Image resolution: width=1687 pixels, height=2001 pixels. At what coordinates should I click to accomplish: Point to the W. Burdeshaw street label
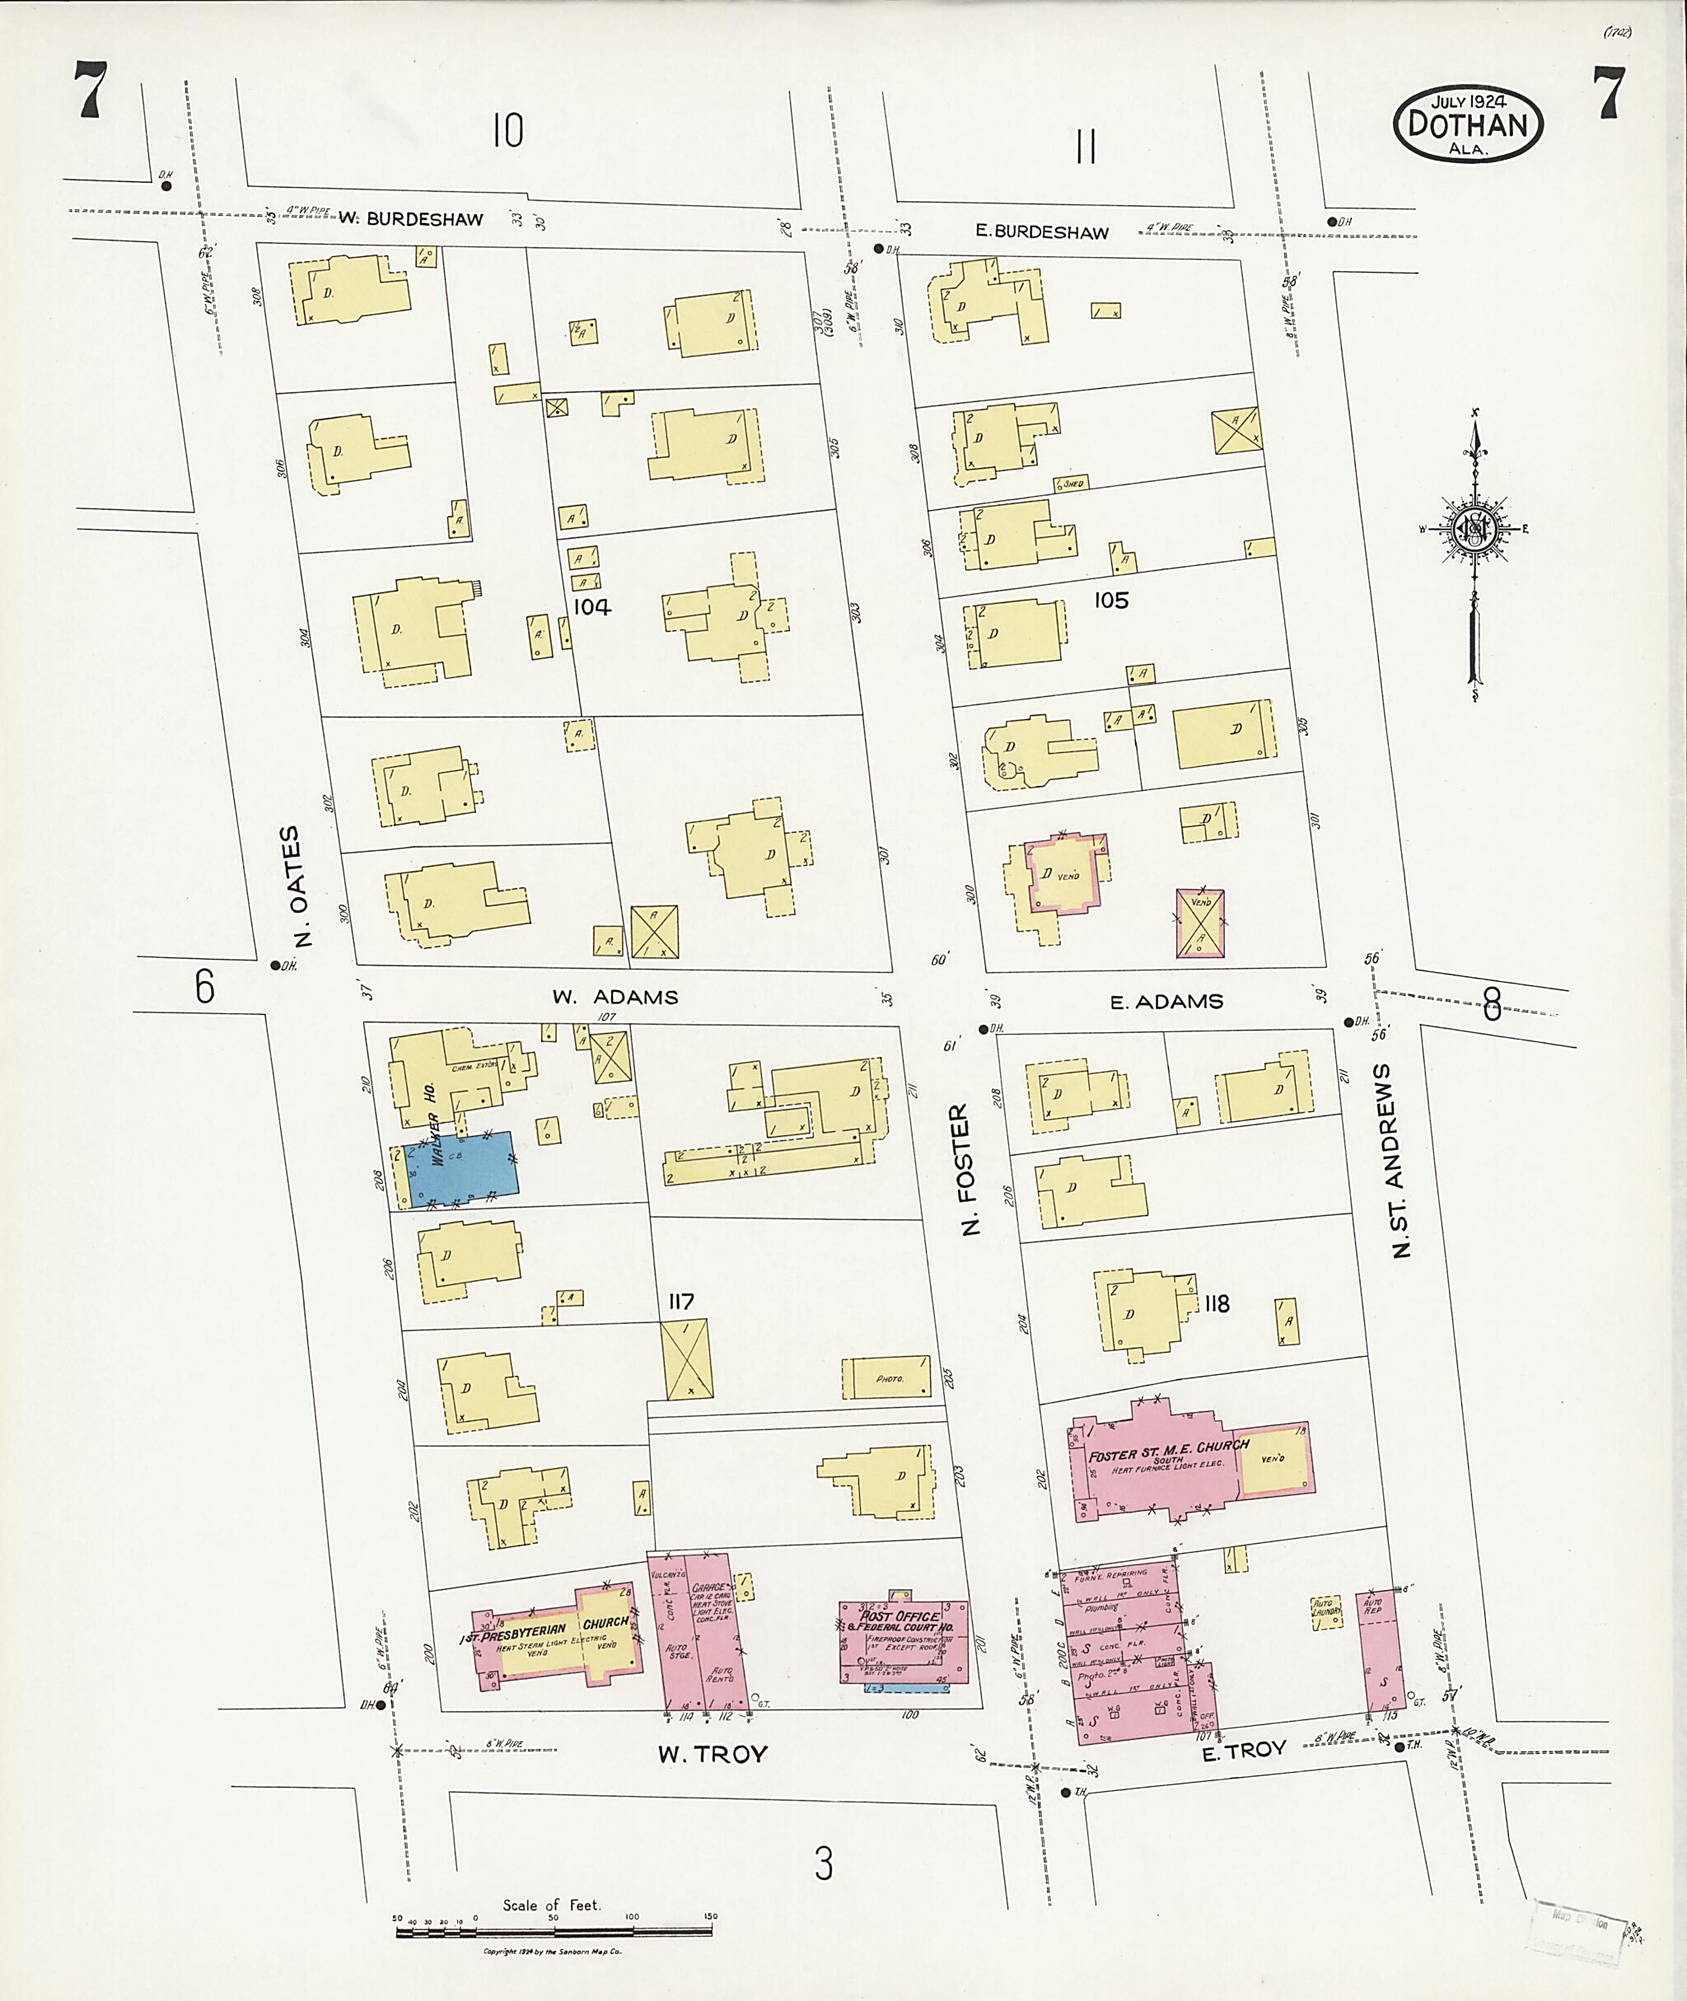click(x=410, y=219)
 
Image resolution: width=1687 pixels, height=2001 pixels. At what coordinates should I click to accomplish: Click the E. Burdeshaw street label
click(x=1041, y=231)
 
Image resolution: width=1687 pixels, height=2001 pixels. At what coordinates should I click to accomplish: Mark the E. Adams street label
click(x=1166, y=1002)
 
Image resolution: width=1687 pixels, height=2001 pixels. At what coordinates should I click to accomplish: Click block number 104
click(x=592, y=606)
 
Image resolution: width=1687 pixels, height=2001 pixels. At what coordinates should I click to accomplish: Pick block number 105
click(x=1110, y=600)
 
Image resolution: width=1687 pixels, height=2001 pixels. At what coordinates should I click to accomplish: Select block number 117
click(x=681, y=1301)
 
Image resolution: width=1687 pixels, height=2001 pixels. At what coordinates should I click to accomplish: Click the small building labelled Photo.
click(x=886, y=1377)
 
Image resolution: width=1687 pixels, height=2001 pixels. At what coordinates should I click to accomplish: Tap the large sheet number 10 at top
click(x=507, y=130)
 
